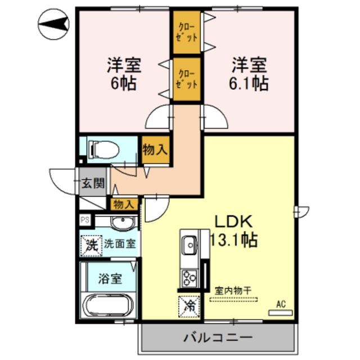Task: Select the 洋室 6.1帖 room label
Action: pyautogui.click(x=247, y=74)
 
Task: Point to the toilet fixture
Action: pyautogui.click(x=104, y=148)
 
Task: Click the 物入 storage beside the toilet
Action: pyautogui.click(x=154, y=150)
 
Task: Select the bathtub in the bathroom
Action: pyautogui.click(x=109, y=307)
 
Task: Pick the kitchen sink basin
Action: pyautogui.click(x=188, y=245)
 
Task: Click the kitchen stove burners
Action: pyautogui.click(x=188, y=277)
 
